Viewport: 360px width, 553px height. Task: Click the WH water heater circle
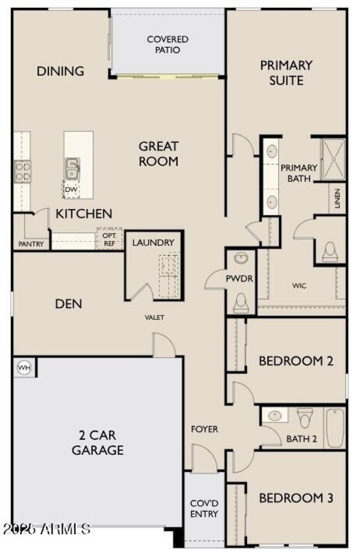(x=24, y=367)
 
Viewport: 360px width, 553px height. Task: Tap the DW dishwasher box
(x=71, y=189)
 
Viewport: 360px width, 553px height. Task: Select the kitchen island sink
(x=72, y=168)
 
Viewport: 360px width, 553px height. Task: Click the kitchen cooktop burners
(x=22, y=171)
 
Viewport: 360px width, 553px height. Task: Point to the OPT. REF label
(x=109, y=240)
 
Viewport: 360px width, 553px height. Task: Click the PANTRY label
(x=31, y=244)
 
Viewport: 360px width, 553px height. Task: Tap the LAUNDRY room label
(x=153, y=243)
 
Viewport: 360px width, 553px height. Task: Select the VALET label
(x=154, y=317)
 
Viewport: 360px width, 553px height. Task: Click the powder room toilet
(x=241, y=304)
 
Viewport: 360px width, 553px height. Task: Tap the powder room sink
(x=241, y=258)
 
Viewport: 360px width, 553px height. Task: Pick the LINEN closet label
(x=337, y=198)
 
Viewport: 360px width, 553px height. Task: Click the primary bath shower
(x=333, y=159)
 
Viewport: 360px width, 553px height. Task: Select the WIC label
(x=299, y=286)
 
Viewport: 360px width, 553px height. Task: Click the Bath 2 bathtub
(x=335, y=428)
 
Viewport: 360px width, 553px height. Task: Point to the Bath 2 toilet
(x=305, y=417)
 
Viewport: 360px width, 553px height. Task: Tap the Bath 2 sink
(x=275, y=415)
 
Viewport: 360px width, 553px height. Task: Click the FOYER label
(x=205, y=429)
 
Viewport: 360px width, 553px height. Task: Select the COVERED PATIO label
(x=167, y=45)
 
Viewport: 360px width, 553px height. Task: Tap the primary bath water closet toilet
(x=330, y=252)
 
